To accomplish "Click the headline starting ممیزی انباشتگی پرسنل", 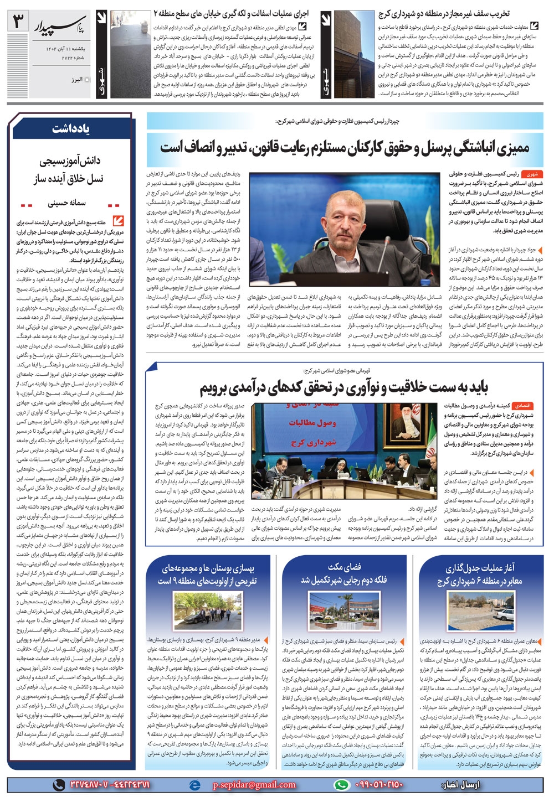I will pyautogui.click(x=345, y=147).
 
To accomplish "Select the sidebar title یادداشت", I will pyautogui.click(x=71, y=128).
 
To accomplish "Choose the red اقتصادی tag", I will pyautogui.click(x=524, y=405).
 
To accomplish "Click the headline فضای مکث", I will pyautogui.click(x=344, y=567).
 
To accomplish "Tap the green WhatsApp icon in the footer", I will pyautogui.click(x=342, y=784).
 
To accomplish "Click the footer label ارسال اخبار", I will pyautogui.click(x=461, y=784).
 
